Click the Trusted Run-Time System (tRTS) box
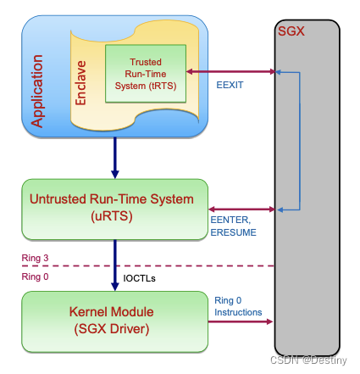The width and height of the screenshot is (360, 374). tap(146, 74)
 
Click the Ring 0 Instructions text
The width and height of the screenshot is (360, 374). tap(237, 306)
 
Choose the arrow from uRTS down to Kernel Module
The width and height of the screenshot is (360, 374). tap(116, 265)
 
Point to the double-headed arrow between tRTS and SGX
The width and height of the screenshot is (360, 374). tap(231, 72)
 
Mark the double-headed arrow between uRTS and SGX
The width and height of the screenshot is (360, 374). tap(241, 209)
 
